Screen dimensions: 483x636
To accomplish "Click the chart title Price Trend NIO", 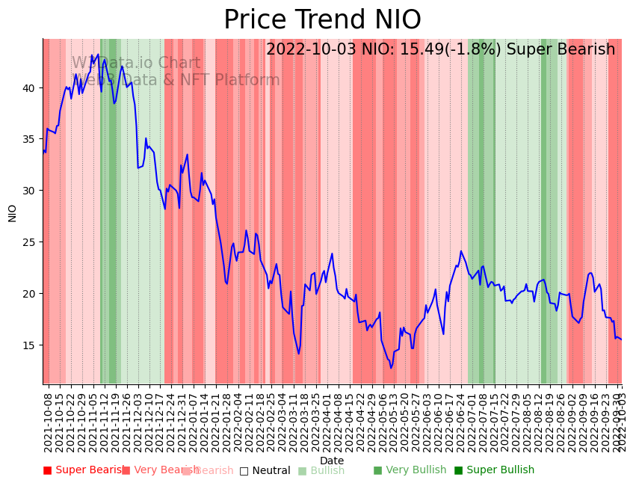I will (322, 20).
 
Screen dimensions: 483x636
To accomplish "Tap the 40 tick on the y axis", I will (29, 88).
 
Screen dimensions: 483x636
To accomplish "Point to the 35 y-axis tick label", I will (29, 139).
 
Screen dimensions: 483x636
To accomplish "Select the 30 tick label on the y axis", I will (29, 191).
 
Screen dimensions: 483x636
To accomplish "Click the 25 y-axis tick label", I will (29, 242).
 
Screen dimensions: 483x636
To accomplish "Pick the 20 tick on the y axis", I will (29, 294).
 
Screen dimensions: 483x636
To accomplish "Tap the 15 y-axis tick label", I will (29, 345).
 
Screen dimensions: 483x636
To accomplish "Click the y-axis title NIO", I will (13, 212).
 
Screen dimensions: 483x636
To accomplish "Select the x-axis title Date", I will (332, 461).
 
